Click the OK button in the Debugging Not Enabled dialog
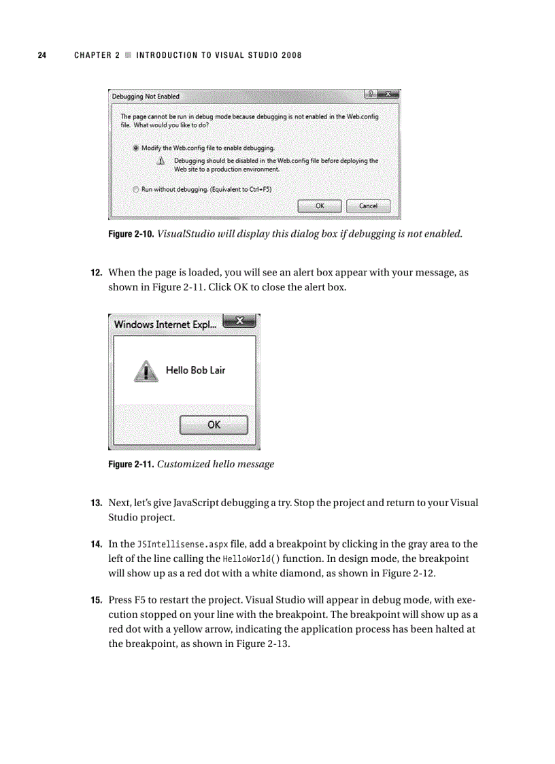click(319, 205)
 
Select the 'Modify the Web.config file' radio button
click(136, 148)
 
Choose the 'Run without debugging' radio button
click(136, 190)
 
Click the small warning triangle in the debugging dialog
click(161, 161)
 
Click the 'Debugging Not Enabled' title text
click(146, 96)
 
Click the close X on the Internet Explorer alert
click(239, 321)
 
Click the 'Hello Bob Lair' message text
click(195, 371)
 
